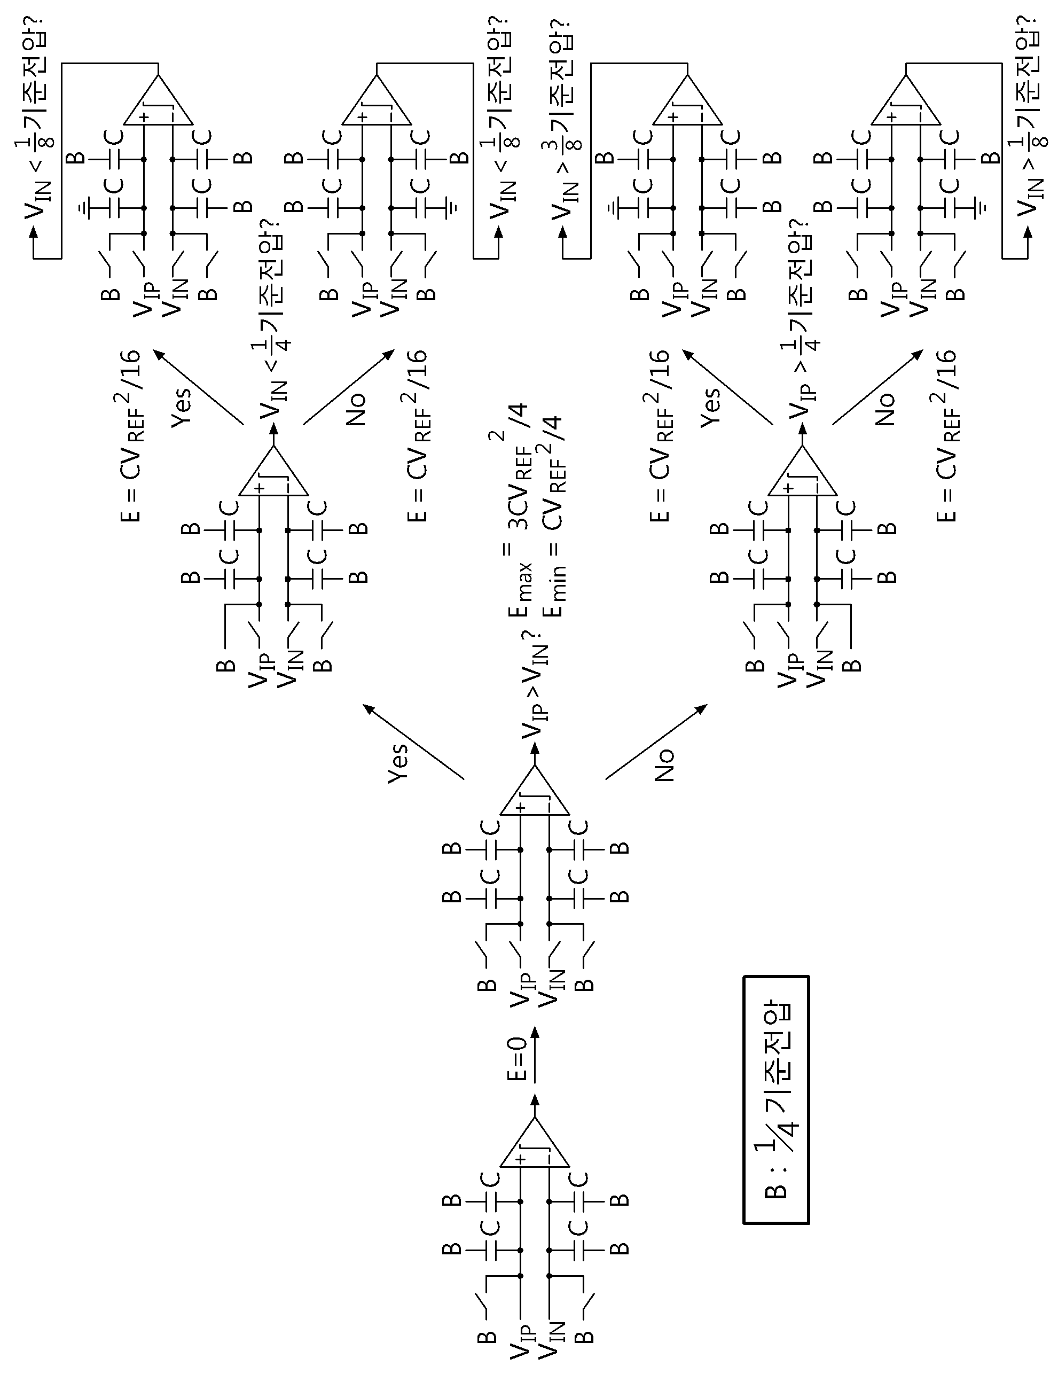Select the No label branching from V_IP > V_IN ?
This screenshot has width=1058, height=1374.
pos(664,765)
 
